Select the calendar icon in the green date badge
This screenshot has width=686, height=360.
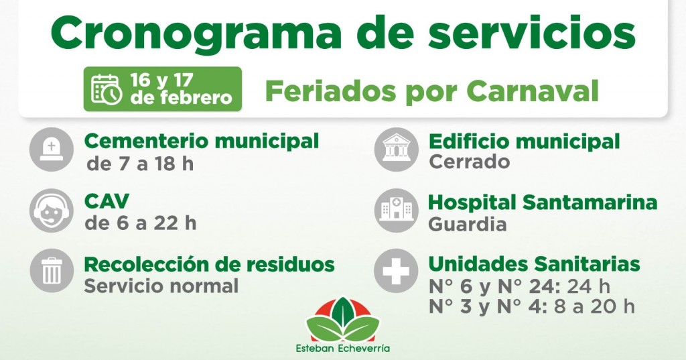[x=106, y=89]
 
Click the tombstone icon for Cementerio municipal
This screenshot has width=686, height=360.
[x=51, y=149]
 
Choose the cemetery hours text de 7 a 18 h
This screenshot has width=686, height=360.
[x=140, y=164]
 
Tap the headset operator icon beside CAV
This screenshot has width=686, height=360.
[x=51, y=210]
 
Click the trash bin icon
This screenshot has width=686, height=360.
[x=51, y=271]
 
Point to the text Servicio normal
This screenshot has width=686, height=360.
[x=161, y=286]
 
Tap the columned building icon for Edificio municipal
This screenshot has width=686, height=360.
[x=395, y=149]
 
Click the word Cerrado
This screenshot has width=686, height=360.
[x=469, y=162]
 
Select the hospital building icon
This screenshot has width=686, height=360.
[x=395, y=210]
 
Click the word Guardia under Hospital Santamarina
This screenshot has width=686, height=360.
[x=468, y=224]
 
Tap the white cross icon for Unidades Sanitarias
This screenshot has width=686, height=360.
[x=395, y=271]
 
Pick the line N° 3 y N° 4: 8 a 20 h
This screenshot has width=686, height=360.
[x=531, y=306]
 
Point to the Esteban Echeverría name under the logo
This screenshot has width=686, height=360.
[x=342, y=349]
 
